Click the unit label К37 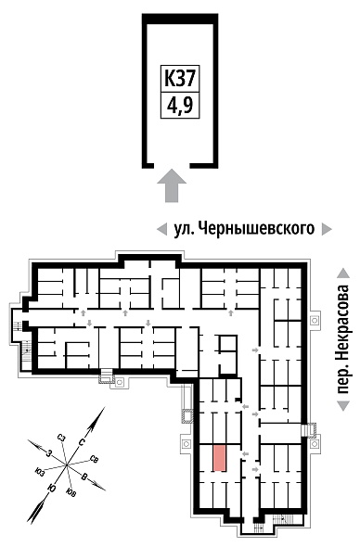tap(179, 79)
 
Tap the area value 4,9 tap(180, 106)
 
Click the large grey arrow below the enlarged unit tap(172, 185)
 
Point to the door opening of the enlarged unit tap(172, 165)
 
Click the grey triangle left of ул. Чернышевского tap(161, 229)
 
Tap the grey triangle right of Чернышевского tap(327, 229)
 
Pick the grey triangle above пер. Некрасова tap(344, 273)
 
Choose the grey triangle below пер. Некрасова tap(344, 406)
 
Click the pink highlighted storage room tap(219, 458)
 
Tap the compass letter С tap(82, 442)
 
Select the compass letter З tap(49, 454)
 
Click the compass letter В tap(84, 477)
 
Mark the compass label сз tap(62, 439)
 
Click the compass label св tap(94, 458)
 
